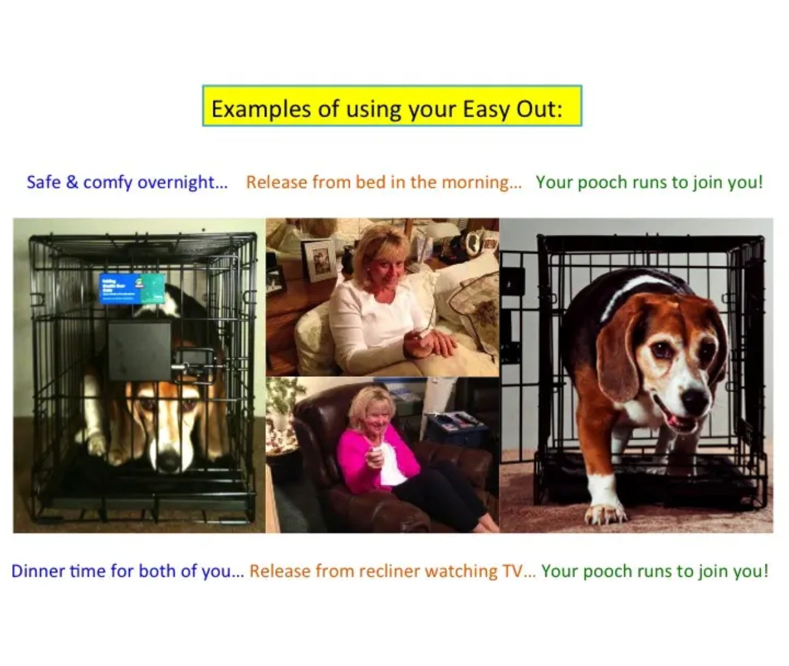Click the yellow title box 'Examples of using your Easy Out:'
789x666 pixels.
click(392, 106)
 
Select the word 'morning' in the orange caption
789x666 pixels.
click(481, 183)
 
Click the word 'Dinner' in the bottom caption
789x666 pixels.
click(38, 571)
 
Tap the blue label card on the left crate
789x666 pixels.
click(131, 289)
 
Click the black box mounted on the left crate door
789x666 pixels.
click(139, 350)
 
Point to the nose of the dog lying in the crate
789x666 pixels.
click(168, 461)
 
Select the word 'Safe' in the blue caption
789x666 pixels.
click(43, 183)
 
